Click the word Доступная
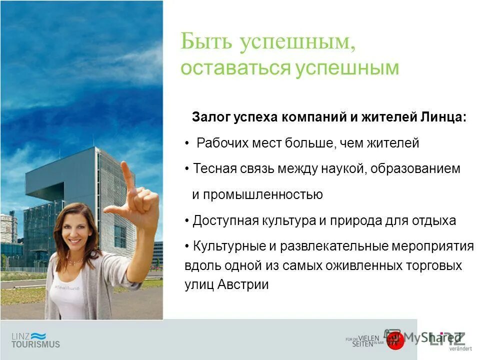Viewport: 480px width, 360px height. tap(225, 220)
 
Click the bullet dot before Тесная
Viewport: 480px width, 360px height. tap(186, 169)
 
